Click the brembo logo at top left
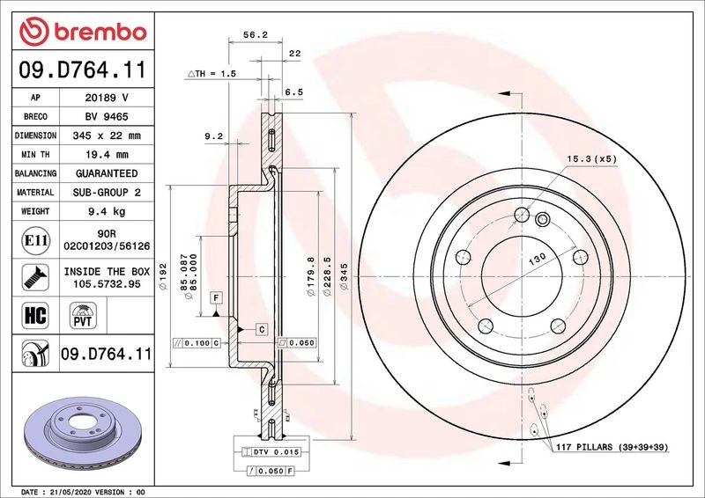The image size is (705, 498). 83,32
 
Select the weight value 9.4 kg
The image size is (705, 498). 107,211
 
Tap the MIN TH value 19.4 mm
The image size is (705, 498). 107,155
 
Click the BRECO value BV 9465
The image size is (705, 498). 107,117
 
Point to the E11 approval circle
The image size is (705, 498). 35,240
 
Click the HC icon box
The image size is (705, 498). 35,315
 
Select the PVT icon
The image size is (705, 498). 83,315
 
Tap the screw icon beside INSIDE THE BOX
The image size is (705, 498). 35,277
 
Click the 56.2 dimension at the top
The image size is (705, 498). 256,34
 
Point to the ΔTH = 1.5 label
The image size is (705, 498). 211,74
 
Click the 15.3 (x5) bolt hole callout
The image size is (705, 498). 591,159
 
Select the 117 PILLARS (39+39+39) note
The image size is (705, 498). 612,447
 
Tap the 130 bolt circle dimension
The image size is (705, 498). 537,258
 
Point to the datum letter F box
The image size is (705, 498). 216,297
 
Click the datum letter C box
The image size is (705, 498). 262,330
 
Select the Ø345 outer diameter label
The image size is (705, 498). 344,276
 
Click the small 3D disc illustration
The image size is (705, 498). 83,431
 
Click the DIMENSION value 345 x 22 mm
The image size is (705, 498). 107,135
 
